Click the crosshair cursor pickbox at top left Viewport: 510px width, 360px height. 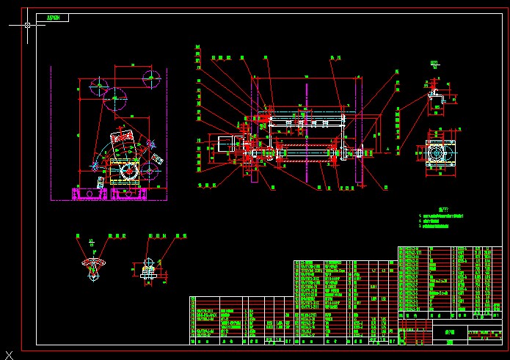coord(28,25)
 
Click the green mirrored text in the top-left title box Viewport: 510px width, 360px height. coord(54,17)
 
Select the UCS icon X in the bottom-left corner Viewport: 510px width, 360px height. coord(8,354)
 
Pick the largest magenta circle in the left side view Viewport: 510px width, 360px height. coord(117,98)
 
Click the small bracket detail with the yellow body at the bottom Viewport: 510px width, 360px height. coord(147,272)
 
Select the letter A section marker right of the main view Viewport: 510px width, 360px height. coord(387,149)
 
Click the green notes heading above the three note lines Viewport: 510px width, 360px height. coord(438,208)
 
